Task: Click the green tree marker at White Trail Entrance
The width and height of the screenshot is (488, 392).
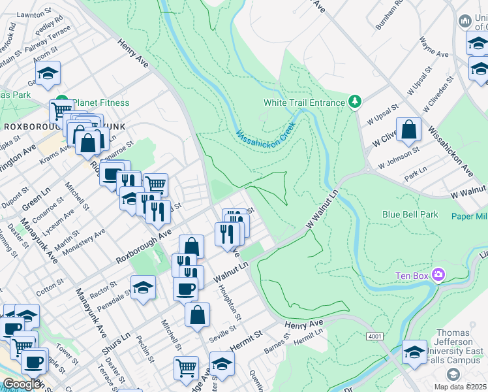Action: click(x=354, y=102)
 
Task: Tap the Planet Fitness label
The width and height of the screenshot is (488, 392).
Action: click(x=100, y=103)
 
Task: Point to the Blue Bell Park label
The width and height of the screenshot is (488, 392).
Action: click(x=410, y=214)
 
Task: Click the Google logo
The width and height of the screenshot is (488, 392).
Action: click(x=22, y=384)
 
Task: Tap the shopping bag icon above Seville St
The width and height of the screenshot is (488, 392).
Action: click(x=197, y=316)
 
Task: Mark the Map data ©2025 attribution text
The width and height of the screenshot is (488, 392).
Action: click(x=460, y=387)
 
